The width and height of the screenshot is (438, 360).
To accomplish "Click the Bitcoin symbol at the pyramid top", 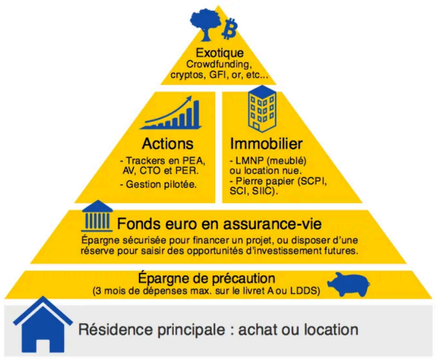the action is click(229, 28).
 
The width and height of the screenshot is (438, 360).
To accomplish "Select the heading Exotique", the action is click(220, 52).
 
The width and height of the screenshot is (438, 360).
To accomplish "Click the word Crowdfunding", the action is click(219, 65).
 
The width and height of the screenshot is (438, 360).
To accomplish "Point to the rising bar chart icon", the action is click(171, 112).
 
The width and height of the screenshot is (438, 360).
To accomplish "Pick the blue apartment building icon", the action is click(262, 109).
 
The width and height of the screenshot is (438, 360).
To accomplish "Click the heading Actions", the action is click(167, 143).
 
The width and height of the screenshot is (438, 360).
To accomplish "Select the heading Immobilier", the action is click(266, 143).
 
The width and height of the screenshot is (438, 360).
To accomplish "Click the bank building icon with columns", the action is click(97, 216).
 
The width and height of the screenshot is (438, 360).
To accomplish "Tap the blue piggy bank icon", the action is click(349, 284).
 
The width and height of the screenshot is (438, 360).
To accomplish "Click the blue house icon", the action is click(43, 325).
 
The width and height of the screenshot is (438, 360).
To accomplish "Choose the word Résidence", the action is click(116, 329).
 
